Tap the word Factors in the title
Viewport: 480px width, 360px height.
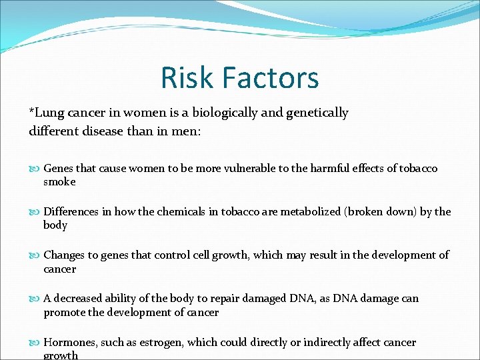coord(271,77)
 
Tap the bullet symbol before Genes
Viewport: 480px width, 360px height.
coord(35,169)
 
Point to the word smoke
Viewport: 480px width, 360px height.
coord(59,181)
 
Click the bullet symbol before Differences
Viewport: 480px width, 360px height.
coord(35,212)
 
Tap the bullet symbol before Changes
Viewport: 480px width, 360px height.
coord(35,255)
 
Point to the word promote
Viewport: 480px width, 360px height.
coord(65,312)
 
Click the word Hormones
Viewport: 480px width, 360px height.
coord(70,342)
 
